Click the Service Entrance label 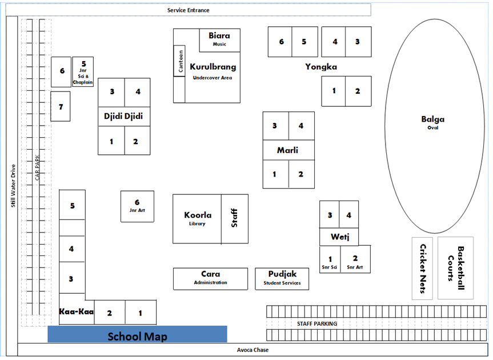pos(188,10)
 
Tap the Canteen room pos(180,61)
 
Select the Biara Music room pos(219,39)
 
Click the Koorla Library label pos(198,218)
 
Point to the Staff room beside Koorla pos(234,218)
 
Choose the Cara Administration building pos(210,278)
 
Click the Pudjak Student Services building pos(282,278)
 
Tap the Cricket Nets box pos(422,268)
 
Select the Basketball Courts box pos(455,268)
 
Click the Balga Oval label pos(432,122)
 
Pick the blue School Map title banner pos(137,335)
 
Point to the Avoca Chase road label pos(252,350)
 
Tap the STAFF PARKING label pos(317,324)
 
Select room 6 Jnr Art pos(137,206)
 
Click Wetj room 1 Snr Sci pos(330,262)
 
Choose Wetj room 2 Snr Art pos(355,262)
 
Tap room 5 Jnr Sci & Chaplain pos(83,72)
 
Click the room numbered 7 pos(61,106)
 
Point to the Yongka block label pos(320,67)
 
